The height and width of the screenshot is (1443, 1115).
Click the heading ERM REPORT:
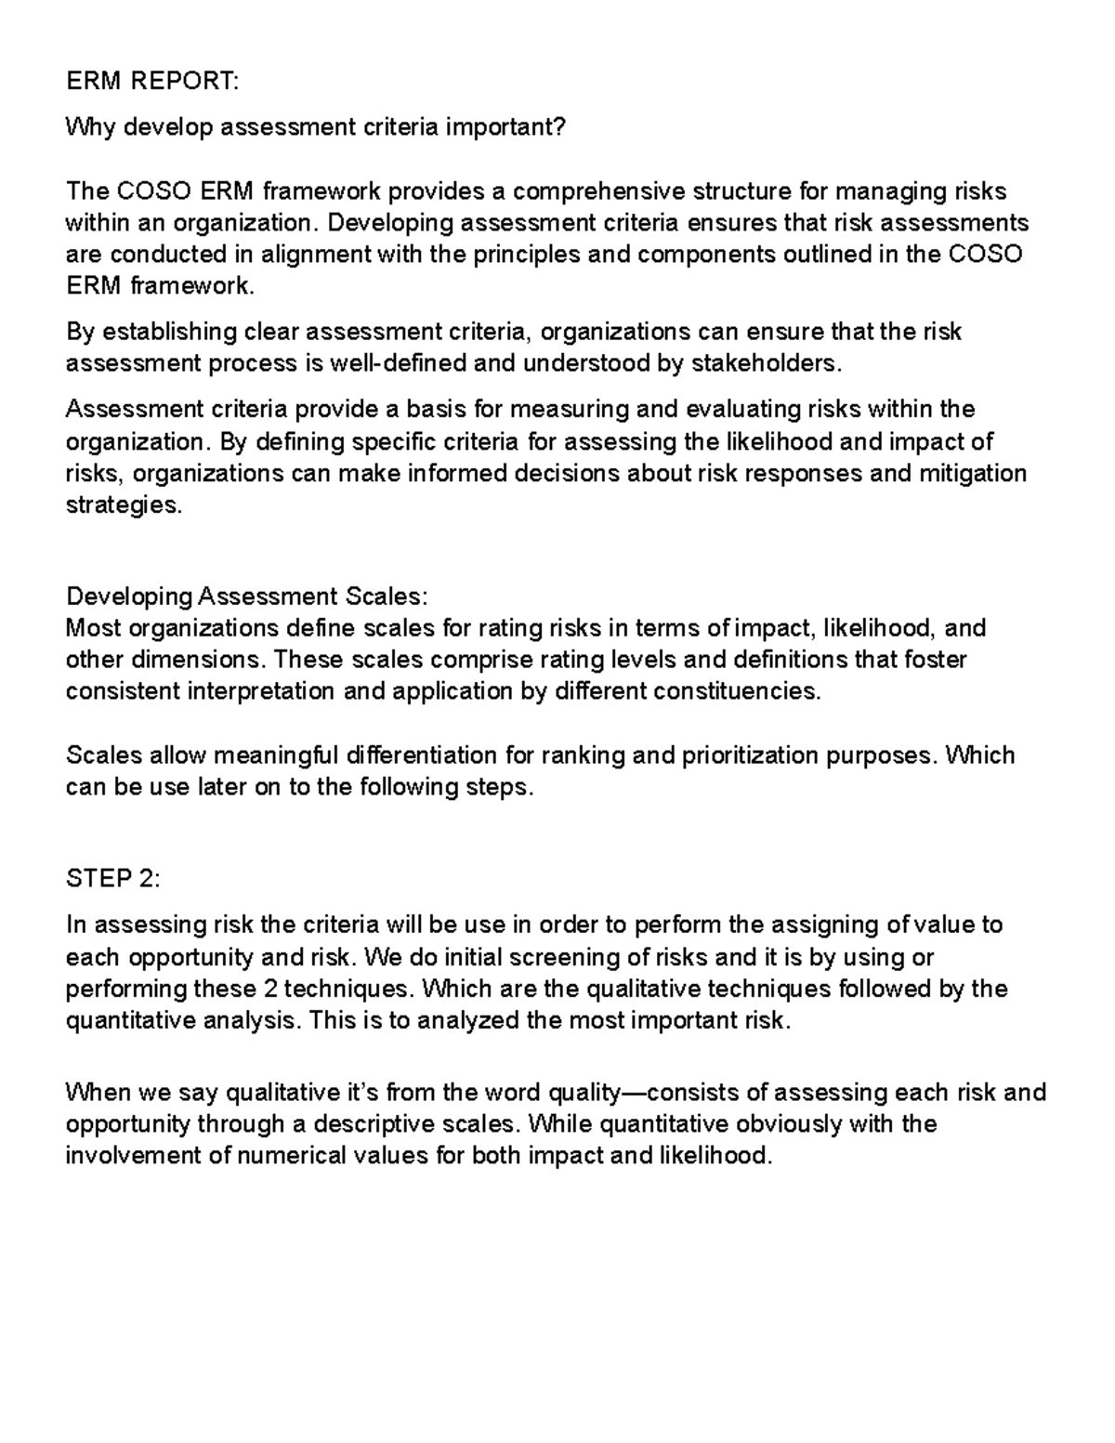tap(152, 82)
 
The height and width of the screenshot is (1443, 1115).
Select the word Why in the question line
tap(91, 127)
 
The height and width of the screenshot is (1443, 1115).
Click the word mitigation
tap(972, 473)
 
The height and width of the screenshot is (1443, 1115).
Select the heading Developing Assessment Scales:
tap(247, 596)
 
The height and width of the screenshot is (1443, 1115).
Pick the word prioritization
tap(750, 754)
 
